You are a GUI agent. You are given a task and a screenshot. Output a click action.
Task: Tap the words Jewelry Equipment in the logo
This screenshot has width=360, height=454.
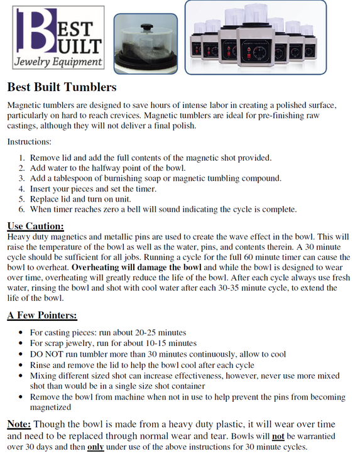(x=58, y=62)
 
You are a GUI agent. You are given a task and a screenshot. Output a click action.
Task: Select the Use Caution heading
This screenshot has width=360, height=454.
(x=35, y=226)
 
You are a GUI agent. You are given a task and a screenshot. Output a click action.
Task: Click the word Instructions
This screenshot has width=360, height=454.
(x=30, y=142)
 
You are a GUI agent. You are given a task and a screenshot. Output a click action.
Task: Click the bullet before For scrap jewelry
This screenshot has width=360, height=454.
(x=22, y=343)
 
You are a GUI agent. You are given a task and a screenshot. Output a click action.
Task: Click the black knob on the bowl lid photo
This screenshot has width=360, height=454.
(x=146, y=28)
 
